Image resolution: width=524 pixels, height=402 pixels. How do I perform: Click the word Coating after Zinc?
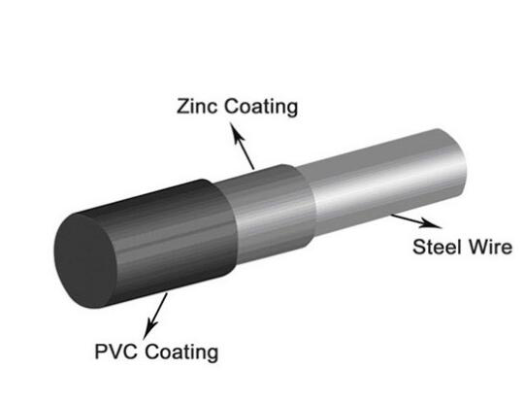click(261, 108)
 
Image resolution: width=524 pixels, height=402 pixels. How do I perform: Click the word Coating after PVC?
click(181, 352)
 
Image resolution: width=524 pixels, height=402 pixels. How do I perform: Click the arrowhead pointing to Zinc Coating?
click(236, 133)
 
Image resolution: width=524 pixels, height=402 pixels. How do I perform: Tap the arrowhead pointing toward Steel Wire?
click(430, 223)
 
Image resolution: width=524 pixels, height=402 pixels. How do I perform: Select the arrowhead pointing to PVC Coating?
click(149, 328)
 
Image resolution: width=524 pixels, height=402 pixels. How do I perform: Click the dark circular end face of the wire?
click(85, 261)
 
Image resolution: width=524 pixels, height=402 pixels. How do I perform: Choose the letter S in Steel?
click(420, 248)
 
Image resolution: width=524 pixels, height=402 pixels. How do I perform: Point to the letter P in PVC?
click(101, 352)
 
